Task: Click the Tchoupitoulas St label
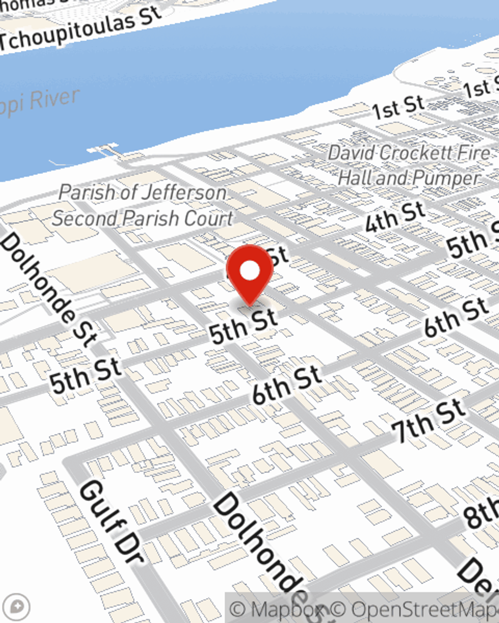coord(80,29)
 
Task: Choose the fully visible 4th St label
coord(395,217)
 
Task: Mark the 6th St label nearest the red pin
coord(286,385)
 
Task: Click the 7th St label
coord(428,421)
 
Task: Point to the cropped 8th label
coord(482,513)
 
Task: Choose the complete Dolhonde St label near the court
coord(48,289)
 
